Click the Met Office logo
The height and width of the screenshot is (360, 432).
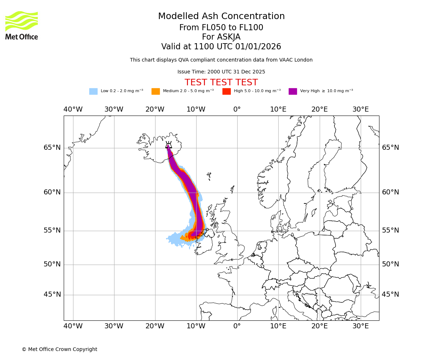point(22,25)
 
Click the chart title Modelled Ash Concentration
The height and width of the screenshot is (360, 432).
point(221,17)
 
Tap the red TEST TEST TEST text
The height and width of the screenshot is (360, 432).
point(221,82)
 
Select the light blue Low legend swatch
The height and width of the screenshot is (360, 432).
point(93,91)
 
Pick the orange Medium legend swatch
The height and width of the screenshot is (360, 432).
point(156,91)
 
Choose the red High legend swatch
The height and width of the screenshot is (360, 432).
point(226,91)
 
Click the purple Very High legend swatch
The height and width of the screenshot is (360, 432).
point(293,91)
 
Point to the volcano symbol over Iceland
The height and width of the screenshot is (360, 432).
point(168,145)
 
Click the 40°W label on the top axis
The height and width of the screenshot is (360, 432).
point(73,109)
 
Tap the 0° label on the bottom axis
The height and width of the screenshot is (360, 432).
point(237,326)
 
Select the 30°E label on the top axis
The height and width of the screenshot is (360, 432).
point(360,109)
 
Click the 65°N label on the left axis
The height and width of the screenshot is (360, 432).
point(52,148)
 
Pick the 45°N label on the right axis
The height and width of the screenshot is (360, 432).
point(390,294)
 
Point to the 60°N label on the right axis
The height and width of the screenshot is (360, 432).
point(390,192)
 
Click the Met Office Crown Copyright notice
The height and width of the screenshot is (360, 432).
point(59,349)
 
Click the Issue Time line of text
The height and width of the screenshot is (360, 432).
point(221,72)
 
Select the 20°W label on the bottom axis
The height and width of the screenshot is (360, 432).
point(155,326)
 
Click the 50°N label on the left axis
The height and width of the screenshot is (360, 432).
point(52,264)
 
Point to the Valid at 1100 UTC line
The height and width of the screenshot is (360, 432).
point(221,47)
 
